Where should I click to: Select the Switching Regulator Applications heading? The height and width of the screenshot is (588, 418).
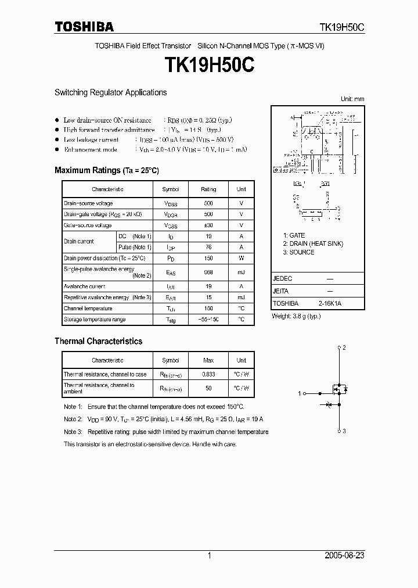(110, 92)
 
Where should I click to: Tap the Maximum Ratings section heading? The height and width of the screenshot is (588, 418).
(106, 170)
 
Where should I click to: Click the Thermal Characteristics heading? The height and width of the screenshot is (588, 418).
(98, 341)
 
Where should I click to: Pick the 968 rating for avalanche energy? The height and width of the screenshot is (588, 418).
(208, 272)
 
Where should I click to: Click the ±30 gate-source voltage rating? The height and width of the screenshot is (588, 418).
(208, 225)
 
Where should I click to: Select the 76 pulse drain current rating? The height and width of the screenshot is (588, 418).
(208, 247)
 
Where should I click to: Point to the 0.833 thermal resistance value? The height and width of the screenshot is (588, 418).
(208, 375)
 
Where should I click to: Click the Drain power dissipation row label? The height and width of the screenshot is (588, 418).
(104, 258)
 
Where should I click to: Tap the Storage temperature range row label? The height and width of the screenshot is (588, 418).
(94, 320)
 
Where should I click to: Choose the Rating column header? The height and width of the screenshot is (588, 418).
(208, 189)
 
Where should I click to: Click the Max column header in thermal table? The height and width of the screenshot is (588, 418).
(208, 360)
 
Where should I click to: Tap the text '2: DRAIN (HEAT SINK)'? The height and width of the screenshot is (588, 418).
(313, 243)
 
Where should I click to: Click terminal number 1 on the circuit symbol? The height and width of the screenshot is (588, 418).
(300, 393)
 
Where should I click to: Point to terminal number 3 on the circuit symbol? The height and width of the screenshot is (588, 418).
(344, 431)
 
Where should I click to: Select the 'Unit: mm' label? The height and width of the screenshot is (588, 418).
(352, 99)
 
